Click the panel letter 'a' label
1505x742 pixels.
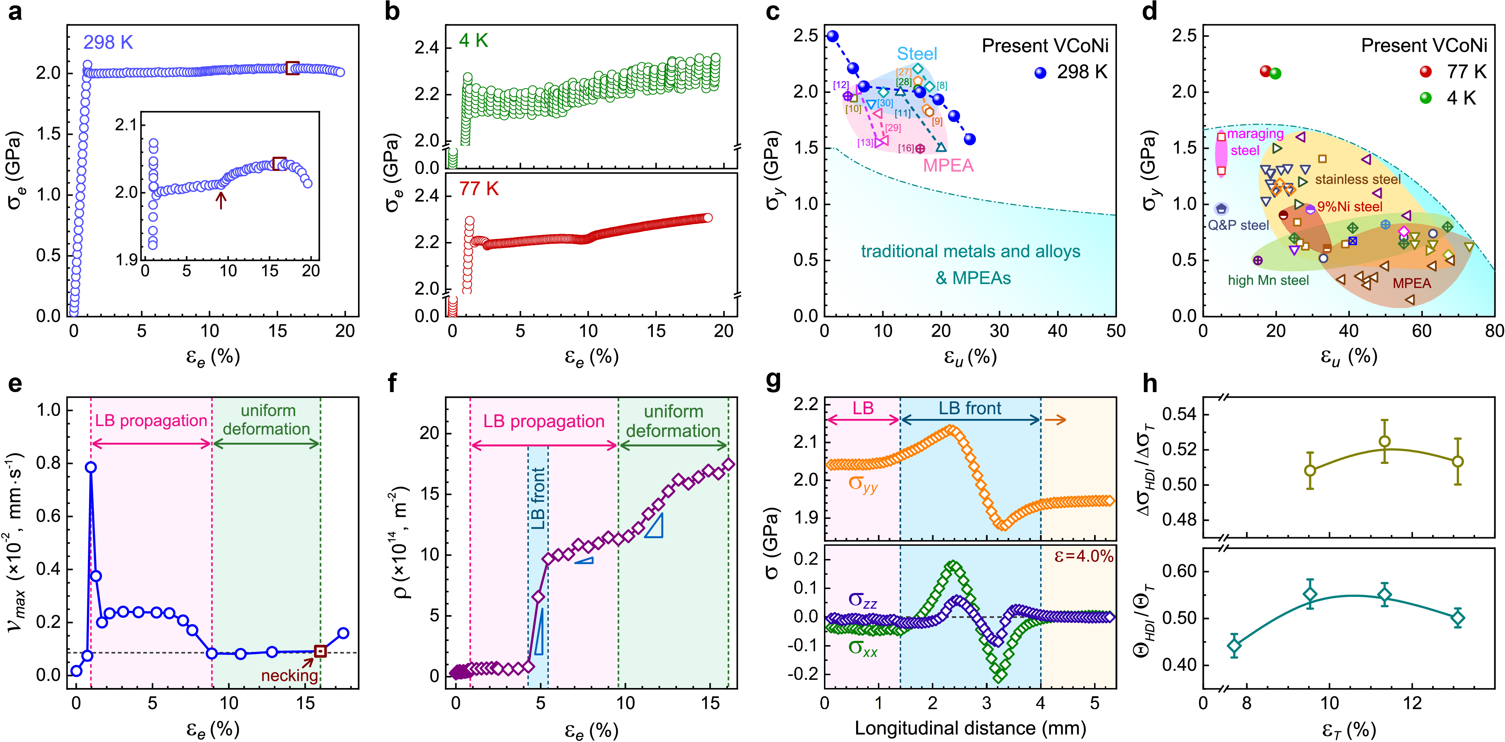[x=15, y=12]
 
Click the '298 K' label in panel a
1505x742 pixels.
[x=108, y=42]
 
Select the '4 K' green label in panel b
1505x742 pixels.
[x=473, y=40]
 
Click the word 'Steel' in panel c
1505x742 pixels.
[x=917, y=54]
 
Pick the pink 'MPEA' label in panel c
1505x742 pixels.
[x=948, y=166]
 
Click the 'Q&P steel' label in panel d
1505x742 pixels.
[x=1238, y=226]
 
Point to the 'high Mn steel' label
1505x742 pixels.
[x=1268, y=281]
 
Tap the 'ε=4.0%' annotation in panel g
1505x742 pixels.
[x=1084, y=556]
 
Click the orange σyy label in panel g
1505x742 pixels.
[x=863, y=484]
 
